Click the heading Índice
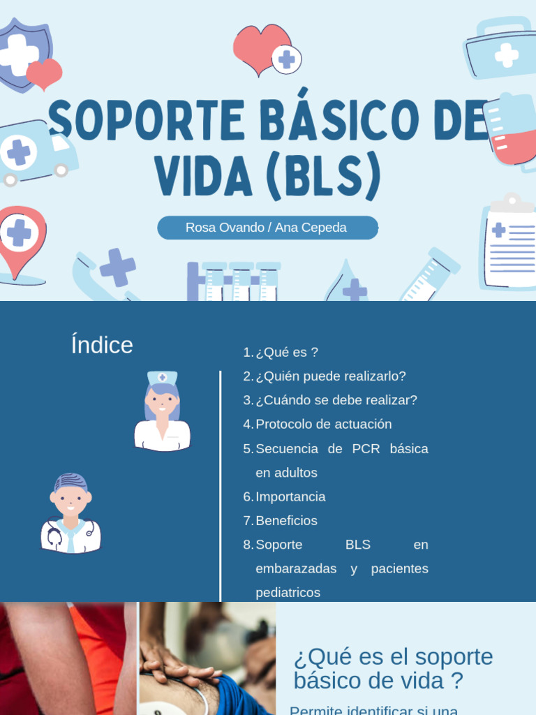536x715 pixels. click(102, 345)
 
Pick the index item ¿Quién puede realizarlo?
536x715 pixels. click(330, 376)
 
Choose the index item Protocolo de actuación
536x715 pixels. click(323, 425)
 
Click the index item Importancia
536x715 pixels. click(290, 497)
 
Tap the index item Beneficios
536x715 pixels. click(286, 521)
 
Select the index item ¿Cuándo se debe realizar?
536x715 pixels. click(336, 400)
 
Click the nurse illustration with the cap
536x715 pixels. click(162, 412)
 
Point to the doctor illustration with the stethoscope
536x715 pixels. click(70, 515)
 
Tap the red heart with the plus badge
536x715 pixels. click(265, 49)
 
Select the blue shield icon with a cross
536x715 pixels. click(24, 54)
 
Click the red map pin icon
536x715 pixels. click(22, 242)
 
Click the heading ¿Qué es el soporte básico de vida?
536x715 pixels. click(393, 668)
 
